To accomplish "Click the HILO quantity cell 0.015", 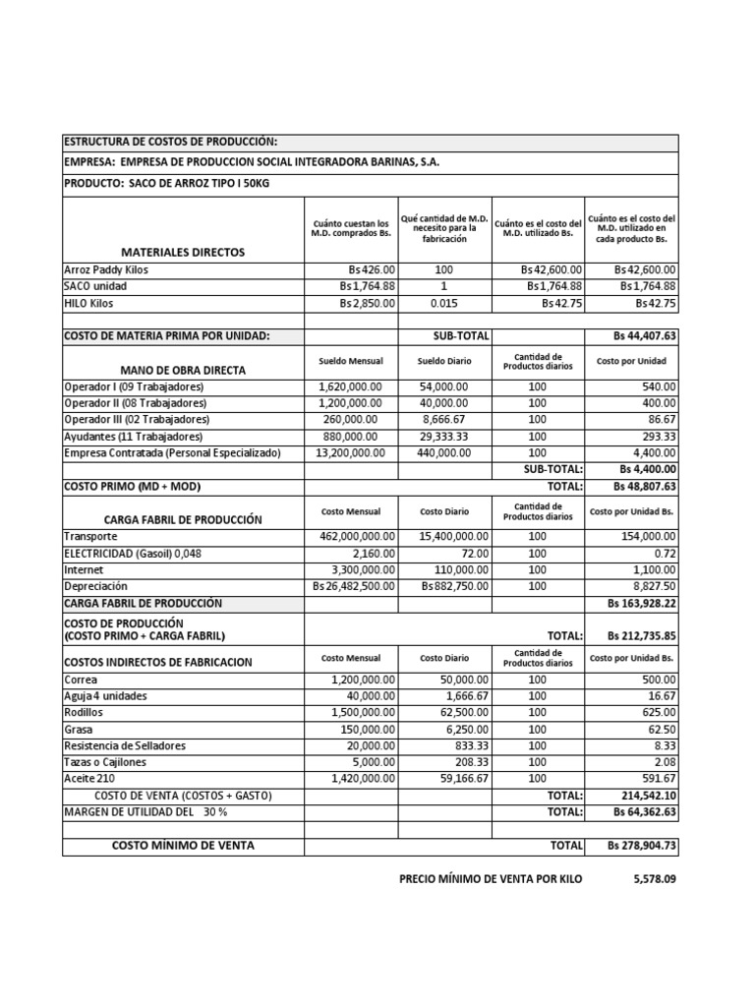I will pyautogui.click(x=444, y=304).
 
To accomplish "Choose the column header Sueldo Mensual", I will pyautogui.click(x=351, y=361).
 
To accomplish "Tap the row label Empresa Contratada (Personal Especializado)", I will pyautogui.click(x=172, y=453).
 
